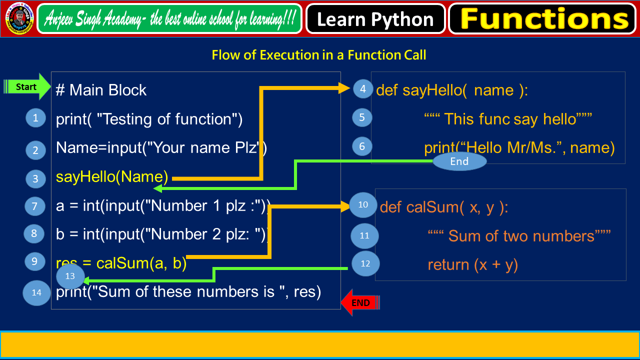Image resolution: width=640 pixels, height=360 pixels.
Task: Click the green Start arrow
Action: click(x=27, y=86)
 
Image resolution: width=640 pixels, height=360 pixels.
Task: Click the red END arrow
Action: click(x=360, y=302)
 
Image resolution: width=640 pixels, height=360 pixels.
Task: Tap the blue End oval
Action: click(x=459, y=161)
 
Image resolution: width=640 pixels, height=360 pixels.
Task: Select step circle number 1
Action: click(x=35, y=118)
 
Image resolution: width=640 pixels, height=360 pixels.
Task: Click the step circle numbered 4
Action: click(x=363, y=89)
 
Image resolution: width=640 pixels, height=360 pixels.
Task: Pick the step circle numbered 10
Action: click(x=363, y=204)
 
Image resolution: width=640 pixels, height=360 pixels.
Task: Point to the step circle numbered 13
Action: click(x=70, y=276)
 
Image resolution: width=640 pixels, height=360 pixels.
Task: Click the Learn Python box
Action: click(x=375, y=19)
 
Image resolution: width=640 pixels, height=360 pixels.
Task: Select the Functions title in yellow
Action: click(x=544, y=19)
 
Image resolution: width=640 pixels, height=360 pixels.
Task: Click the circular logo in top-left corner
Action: click(x=19, y=18)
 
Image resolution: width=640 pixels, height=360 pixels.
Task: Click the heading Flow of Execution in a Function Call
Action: click(x=319, y=54)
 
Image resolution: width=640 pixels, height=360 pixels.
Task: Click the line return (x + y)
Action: click(x=472, y=264)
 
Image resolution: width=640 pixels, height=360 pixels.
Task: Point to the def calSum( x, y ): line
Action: click(x=443, y=206)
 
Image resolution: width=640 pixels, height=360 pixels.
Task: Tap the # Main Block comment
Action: click(x=101, y=90)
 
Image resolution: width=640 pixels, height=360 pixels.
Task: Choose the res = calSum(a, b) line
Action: click(x=121, y=263)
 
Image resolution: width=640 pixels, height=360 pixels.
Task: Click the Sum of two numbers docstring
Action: click(x=519, y=235)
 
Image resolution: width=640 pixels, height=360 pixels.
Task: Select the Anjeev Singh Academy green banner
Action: click(x=170, y=19)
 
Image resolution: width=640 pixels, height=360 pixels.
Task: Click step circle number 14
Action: click(x=36, y=292)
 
